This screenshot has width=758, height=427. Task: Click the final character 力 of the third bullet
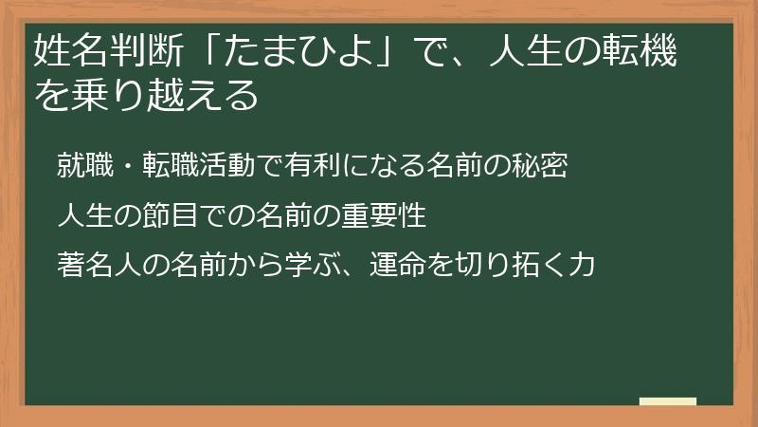click(582, 265)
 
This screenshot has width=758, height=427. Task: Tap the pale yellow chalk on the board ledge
click(667, 401)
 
